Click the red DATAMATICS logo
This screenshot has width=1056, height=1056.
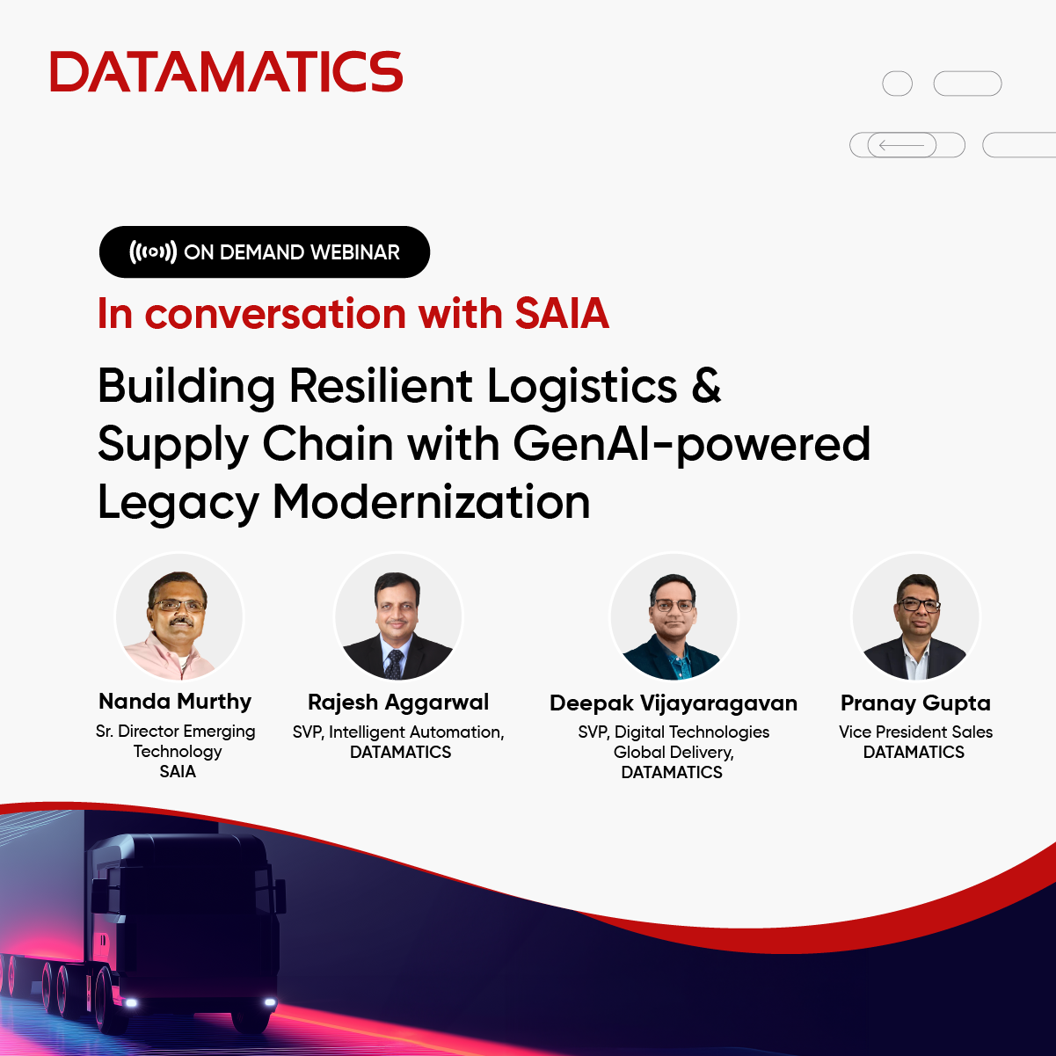tap(226, 72)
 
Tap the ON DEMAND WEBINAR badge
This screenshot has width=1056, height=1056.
tap(265, 252)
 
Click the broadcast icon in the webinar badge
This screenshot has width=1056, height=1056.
tap(153, 252)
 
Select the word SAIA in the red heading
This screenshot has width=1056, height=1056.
tap(562, 314)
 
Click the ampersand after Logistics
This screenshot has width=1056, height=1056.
tap(706, 386)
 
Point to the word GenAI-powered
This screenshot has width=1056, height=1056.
tap(692, 444)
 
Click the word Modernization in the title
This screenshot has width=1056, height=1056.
tap(431, 502)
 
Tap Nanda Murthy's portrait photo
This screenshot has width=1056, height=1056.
tap(179, 616)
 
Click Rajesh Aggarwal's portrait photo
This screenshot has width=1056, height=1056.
tap(398, 616)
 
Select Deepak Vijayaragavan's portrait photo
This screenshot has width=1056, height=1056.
tap(674, 616)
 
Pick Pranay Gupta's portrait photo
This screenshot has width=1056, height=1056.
tap(915, 616)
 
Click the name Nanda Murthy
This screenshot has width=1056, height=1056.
tap(175, 702)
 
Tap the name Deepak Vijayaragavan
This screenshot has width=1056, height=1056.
tap(674, 703)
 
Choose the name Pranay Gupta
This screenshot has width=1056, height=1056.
tap(915, 703)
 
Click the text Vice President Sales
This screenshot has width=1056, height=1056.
tap(915, 732)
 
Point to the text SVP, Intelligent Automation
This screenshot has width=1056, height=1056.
tap(398, 732)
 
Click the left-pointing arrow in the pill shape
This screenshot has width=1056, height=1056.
tap(901, 145)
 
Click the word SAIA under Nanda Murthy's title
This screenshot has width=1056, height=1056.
tap(178, 771)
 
